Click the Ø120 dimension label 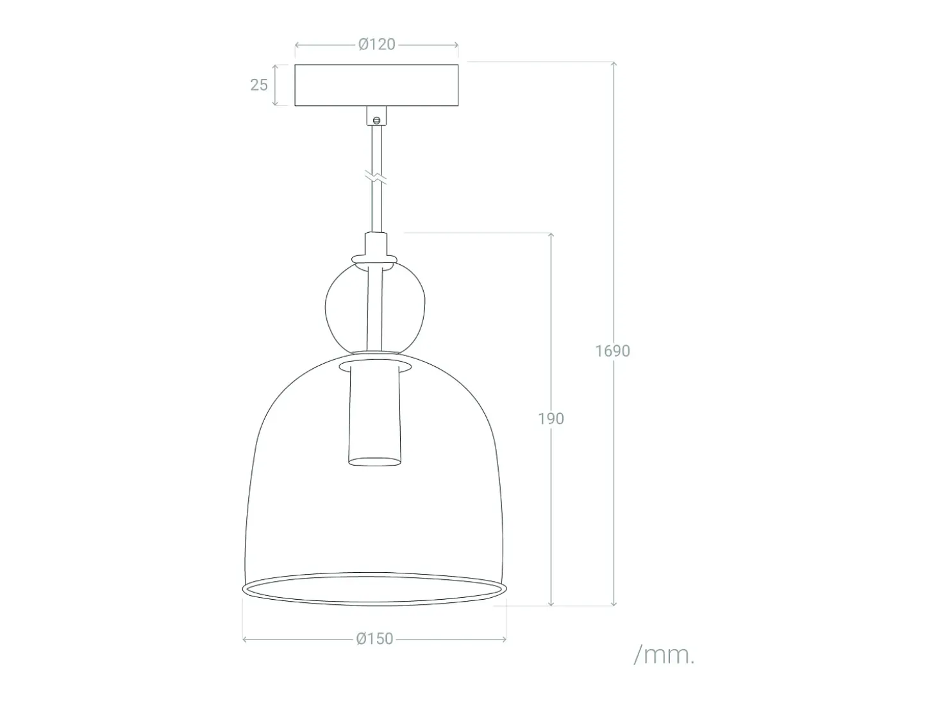(x=376, y=44)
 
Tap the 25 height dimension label (x=259, y=85)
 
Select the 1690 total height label (x=612, y=351)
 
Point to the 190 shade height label (x=551, y=418)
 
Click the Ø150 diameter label (x=374, y=639)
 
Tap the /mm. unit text (x=664, y=656)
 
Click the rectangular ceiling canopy (x=376, y=85)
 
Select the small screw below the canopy (x=376, y=121)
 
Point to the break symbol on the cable (x=376, y=177)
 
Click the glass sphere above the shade (x=326, y=306)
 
